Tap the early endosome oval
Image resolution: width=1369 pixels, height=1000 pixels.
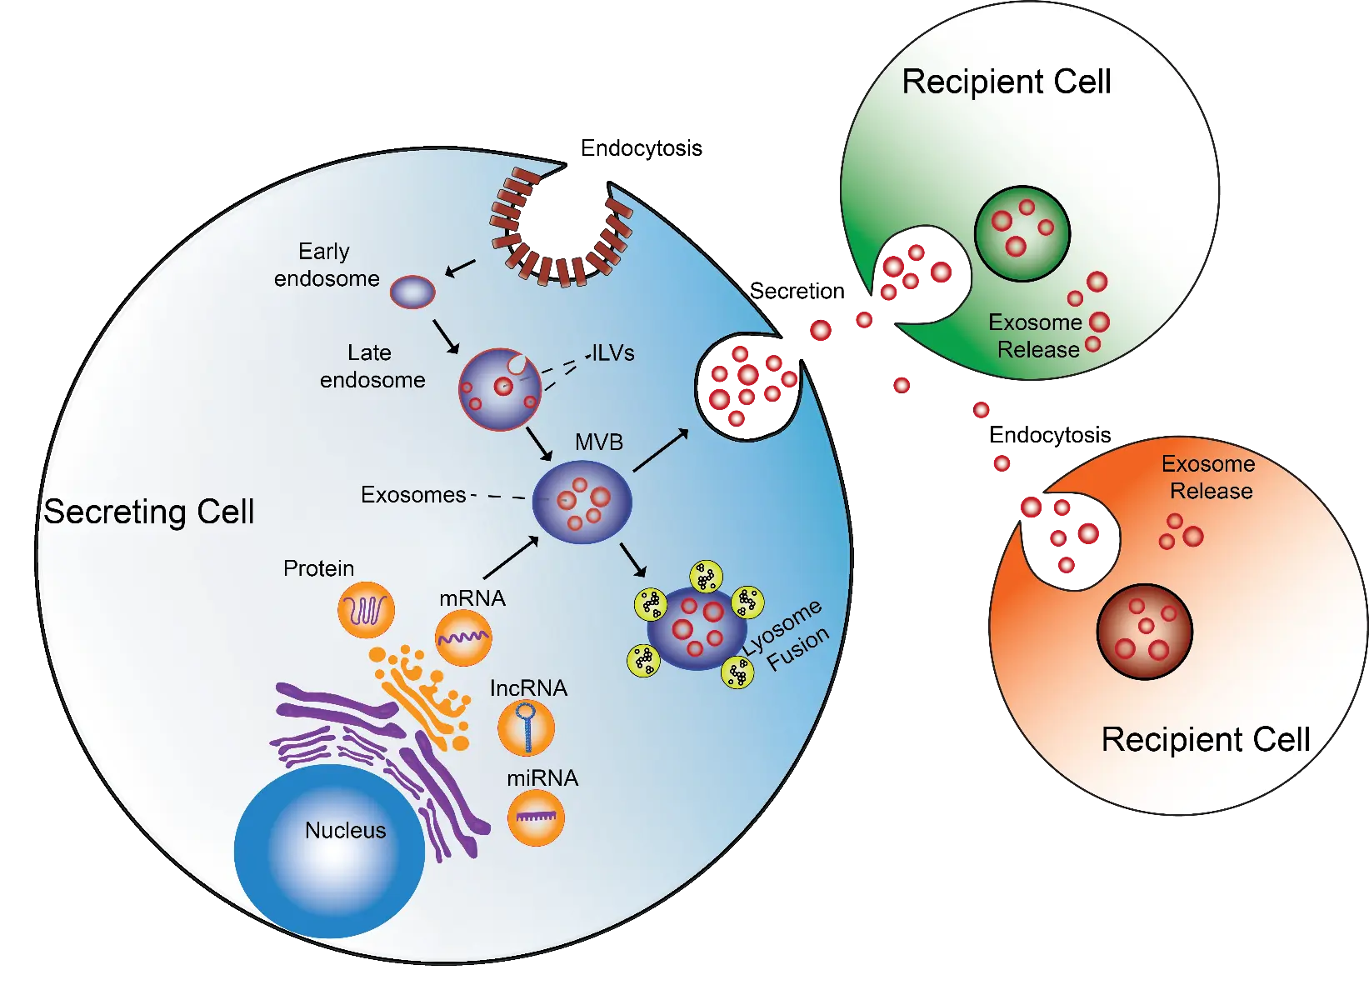point(413,292)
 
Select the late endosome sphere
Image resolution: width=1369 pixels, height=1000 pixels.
point(499,389)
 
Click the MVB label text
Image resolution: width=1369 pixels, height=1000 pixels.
point(598,442)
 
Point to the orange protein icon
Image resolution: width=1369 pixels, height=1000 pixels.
point(366,610)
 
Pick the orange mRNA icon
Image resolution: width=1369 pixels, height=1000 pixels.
point(463,637)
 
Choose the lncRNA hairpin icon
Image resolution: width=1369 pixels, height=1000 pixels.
point(526,727)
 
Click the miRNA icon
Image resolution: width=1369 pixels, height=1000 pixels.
point(536,817)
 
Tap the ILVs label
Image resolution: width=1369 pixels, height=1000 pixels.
point(613,352)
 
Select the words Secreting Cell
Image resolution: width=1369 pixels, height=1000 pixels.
point(148,512)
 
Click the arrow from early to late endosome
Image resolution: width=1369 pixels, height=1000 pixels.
point(446,336)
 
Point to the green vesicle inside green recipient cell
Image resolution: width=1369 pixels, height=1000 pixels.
point(1022,232)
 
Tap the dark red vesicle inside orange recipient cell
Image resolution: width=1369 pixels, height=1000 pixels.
point(1145,631)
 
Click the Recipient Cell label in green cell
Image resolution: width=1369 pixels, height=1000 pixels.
point(1006,82)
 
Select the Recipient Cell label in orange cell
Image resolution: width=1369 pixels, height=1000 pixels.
point(1205,739)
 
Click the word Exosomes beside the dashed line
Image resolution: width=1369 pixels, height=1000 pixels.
point(412,495)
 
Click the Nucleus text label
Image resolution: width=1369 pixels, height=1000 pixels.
point(345,830)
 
